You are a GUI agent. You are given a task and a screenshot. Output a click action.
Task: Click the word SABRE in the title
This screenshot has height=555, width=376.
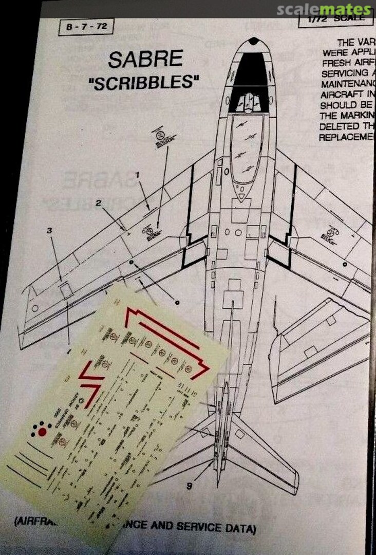(145, 60)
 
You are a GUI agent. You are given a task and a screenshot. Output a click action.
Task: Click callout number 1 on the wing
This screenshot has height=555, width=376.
(137, 175)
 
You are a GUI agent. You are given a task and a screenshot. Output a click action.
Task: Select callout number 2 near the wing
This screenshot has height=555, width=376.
(98, 202)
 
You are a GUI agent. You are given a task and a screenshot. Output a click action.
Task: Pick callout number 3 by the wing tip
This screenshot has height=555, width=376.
(49, 231)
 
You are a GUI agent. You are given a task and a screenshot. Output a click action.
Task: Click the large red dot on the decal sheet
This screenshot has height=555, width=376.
(42, 433)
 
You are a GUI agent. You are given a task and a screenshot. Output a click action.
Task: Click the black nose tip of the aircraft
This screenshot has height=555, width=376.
(253, 41)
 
